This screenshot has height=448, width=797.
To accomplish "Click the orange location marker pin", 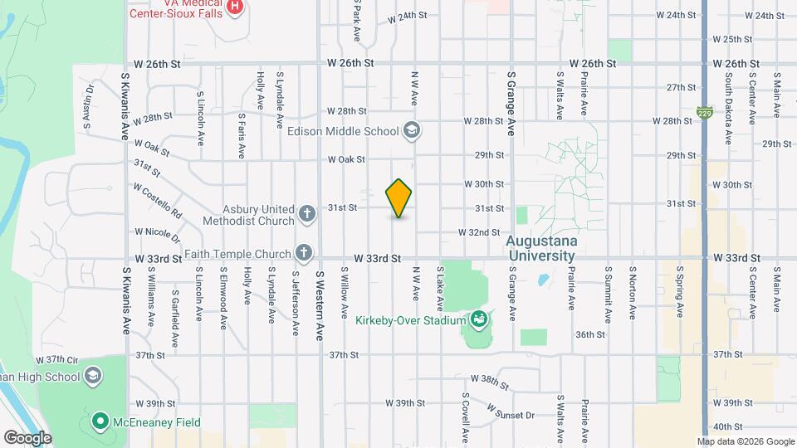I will (x=399, y=198).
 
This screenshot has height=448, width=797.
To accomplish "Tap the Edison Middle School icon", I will (x=411, y=130).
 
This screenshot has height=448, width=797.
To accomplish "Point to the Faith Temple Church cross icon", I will (x=305, y=252).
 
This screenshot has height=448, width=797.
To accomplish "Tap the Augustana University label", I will (x=540, y=249).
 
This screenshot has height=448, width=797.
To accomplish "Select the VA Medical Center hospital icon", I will (x=235, y=7).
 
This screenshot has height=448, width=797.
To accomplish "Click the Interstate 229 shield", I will (x=705, y=110).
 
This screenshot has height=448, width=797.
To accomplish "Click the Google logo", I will (x=27, y=437).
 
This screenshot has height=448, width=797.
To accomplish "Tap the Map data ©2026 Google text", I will (x=745, y=441).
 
